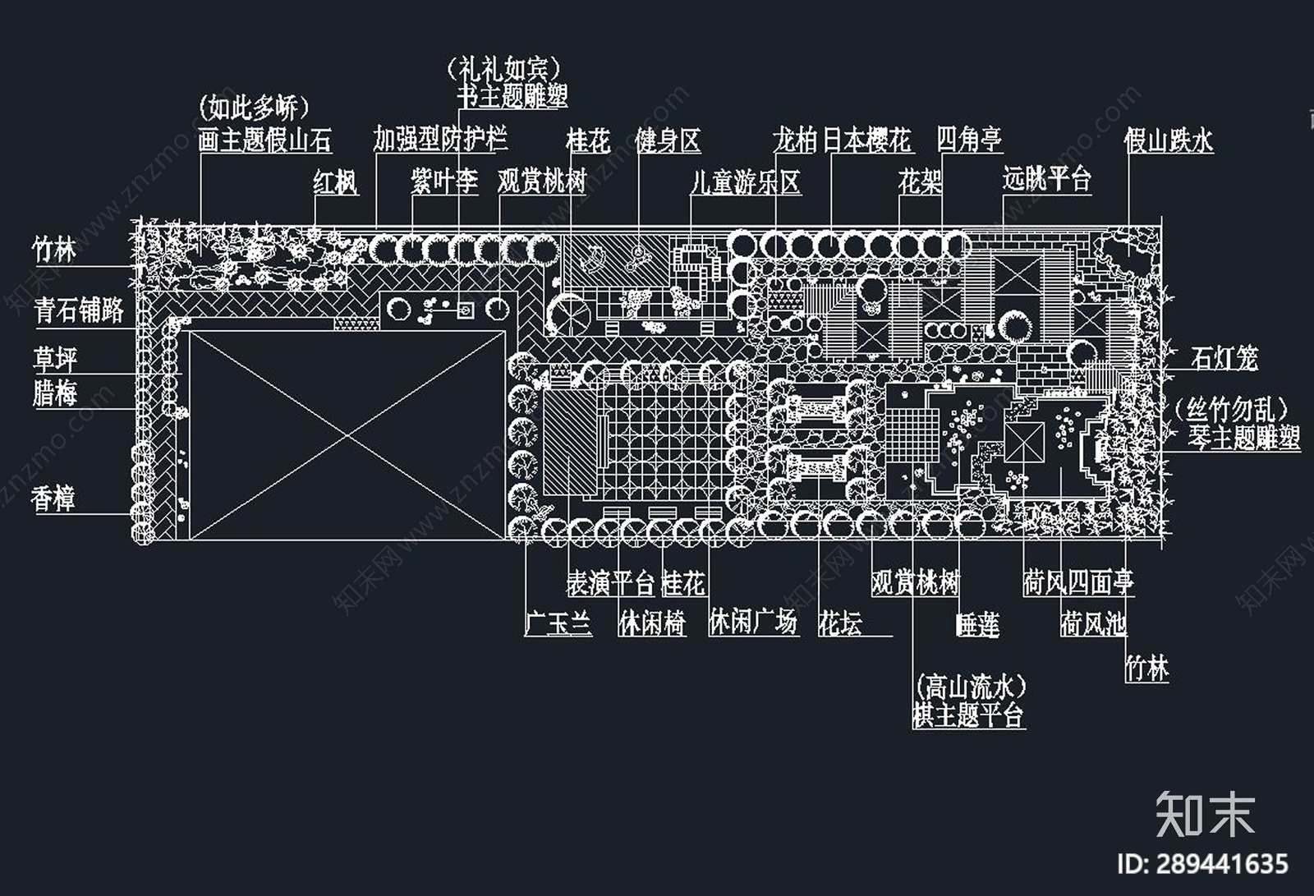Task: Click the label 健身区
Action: click(668, 140)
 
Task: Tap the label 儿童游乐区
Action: click(745, 181)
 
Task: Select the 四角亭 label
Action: click(969, 139)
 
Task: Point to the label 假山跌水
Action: click(1168, 140)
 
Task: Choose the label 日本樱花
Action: click(866, 140)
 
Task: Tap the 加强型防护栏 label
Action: click(440, 139)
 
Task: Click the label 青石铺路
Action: click(79, 310)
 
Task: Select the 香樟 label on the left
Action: click(53, 499)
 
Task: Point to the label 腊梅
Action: click(54, 393)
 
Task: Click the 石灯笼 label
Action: click(1224, 358)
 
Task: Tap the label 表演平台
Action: click(611, 583)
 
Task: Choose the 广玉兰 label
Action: click(558, 623)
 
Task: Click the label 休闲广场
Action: click(753, 622)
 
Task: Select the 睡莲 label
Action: click(977, 625)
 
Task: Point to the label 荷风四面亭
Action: click(1078, 583)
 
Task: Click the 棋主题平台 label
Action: click(968, 715)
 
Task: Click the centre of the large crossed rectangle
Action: click(347, 434)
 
